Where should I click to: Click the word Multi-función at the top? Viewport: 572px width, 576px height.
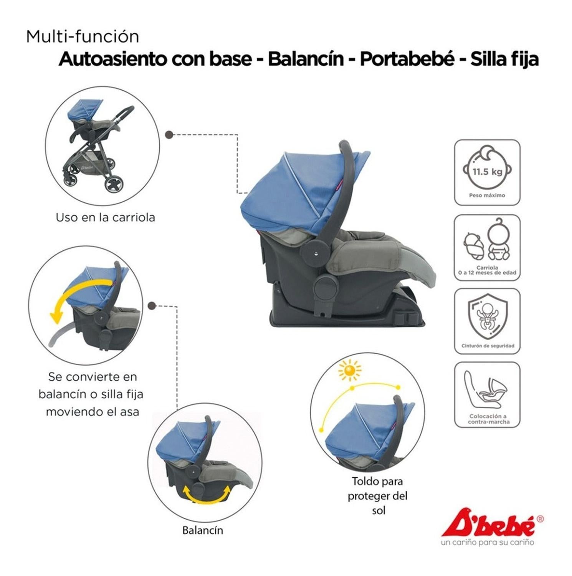tap(83, 37)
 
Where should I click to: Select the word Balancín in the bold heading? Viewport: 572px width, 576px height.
tap(306, 59)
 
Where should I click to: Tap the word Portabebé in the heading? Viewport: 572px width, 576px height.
tap(407, 59)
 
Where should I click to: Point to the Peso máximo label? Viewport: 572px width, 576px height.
tap(487, 195)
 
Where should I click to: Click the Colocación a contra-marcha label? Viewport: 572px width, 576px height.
tap(488, 419)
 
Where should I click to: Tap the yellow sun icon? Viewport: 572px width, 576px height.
tap(350, 370)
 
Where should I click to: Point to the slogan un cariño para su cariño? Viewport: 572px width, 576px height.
tap(488, 542)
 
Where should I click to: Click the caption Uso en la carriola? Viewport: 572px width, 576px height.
tap(106, 217)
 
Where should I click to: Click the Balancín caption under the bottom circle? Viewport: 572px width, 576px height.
tap(203, 530)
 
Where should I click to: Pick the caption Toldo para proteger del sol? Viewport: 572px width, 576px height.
tap(378, 496)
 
